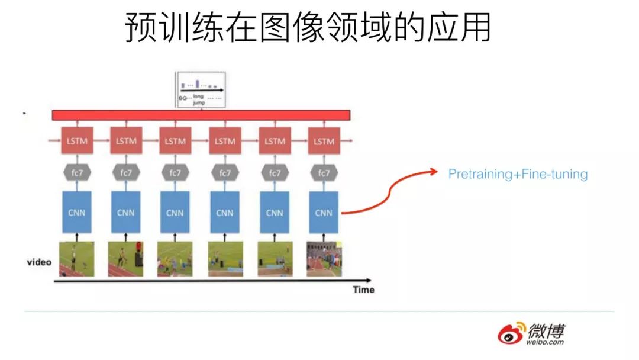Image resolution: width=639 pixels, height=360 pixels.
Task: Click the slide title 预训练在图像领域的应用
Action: click(x=308, y=28)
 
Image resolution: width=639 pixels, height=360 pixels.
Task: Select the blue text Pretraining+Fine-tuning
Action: click(x=518, y=174)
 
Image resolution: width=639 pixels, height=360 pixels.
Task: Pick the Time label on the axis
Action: click(x=363, y=290)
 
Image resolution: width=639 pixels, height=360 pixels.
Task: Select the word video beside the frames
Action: click(x=40, y=262)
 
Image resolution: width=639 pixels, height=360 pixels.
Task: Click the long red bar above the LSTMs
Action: click(x=201, y=115)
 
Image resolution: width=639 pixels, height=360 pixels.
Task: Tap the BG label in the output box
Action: click(x=182, y=98)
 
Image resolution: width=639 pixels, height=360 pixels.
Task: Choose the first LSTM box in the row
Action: click(x=76, y=142)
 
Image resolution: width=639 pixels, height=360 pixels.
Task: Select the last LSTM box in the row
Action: click(x=324, y=142)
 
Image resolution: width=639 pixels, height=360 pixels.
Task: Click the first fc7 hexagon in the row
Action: click(x=76, y=173)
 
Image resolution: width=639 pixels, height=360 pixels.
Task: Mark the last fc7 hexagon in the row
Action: click(x=324, y=173)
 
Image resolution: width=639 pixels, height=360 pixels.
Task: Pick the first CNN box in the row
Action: click(x=76, y=212)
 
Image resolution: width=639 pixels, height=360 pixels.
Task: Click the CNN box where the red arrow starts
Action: click(x=324, y=212)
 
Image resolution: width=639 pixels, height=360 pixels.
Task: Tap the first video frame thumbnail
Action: click(x=76, y=259)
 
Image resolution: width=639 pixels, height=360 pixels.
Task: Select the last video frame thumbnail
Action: click(x=324, y=259)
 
